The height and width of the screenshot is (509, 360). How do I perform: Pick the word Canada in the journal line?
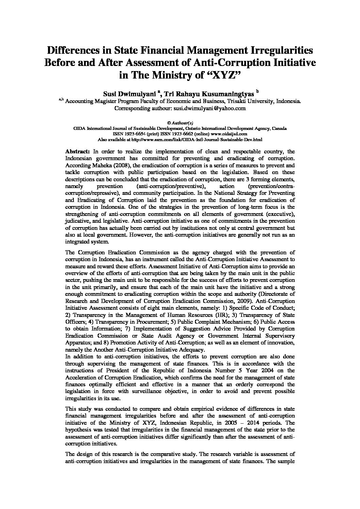pyautogui.click(x=279, y=129)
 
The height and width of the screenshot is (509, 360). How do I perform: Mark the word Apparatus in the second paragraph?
pyautogui.click(x=76, y=342)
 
